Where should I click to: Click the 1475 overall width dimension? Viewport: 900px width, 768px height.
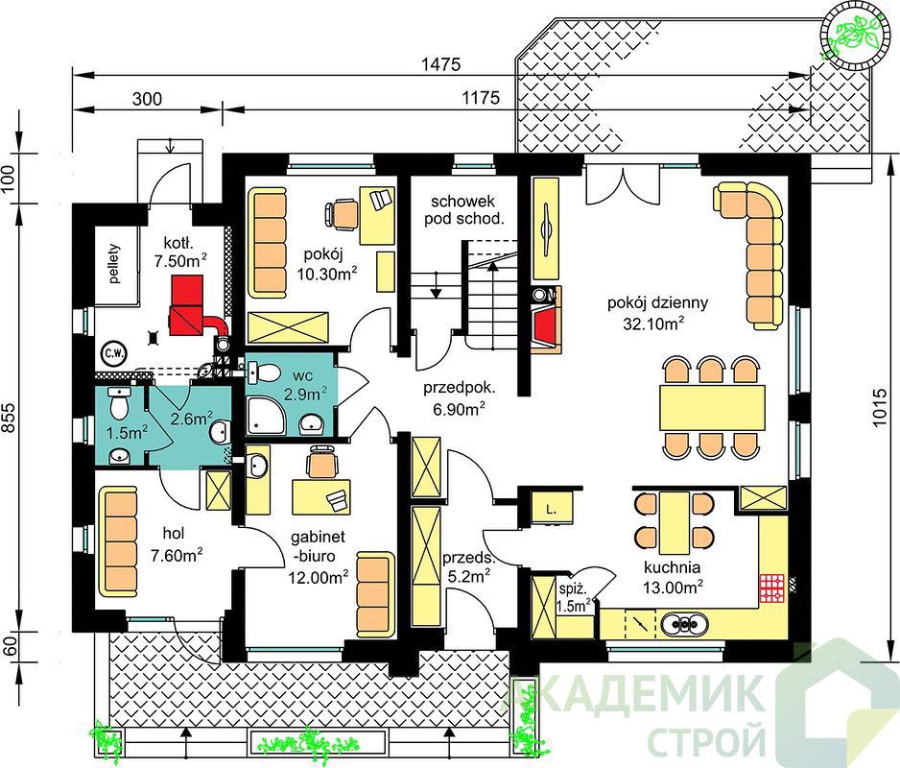440,63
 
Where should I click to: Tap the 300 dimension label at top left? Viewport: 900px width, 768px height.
147,99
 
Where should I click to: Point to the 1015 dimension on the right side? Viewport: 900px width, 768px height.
879,408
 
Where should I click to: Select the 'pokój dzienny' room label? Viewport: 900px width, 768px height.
657,302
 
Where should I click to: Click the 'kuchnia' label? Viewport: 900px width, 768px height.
672,567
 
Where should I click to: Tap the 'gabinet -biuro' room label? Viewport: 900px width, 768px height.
318,546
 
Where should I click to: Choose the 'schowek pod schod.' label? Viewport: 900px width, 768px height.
463,209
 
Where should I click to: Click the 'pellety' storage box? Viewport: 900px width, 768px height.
116,264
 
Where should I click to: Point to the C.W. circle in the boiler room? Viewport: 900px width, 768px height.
113,353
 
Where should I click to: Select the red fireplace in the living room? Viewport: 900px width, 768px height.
545,325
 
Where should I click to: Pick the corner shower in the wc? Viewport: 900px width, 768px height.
265,416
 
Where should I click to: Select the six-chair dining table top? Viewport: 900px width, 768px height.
712,408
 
